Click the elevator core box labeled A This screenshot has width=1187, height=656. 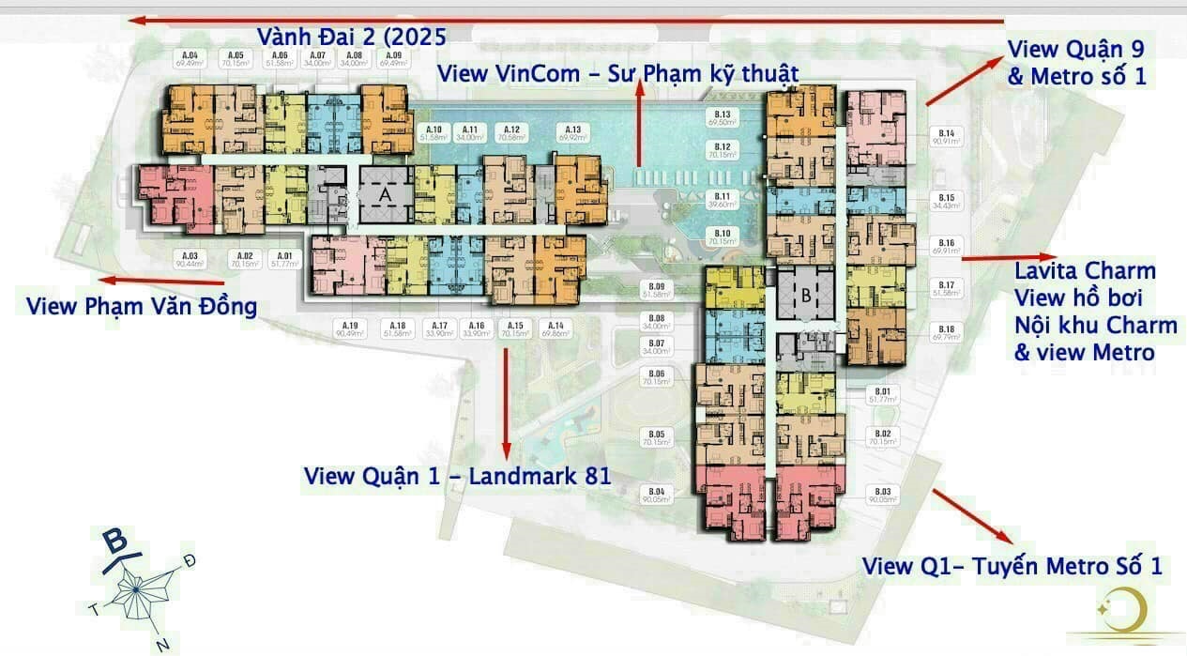(x=385, y=194)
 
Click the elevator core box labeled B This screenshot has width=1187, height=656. (x=805, y=293)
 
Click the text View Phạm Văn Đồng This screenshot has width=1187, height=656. (x=142, y=307)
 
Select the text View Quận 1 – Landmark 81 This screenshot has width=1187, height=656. (x=457, y=476)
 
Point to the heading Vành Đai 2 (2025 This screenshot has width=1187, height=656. (x=352, y=37)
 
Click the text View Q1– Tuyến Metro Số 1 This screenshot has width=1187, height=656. (x=1012, y=566)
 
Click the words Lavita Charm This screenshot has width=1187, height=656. (x=1086, y=272)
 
